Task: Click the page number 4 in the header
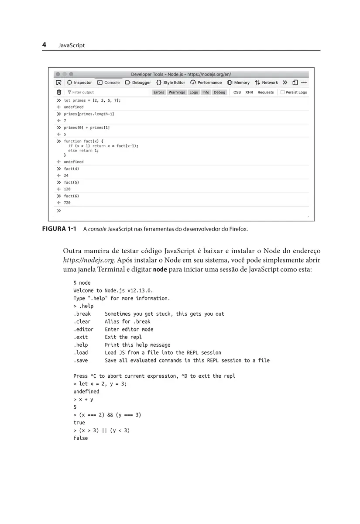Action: click(x=45, y=45)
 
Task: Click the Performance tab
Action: click(x=206, y=83)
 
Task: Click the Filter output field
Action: click(x=83, y=92)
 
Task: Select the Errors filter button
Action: click(x=159, y=92)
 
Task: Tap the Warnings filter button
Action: click(x=177, y=92)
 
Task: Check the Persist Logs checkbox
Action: click(x=283, y=92)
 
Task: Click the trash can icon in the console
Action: click(x=59, y=92)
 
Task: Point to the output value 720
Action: click(x=67, y=203)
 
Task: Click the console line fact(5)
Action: click(x=71, y=182)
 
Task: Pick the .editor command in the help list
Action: click(x=83, y=329)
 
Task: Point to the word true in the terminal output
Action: click(x=79, y=422)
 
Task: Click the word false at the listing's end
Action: click(x=80, y=438)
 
